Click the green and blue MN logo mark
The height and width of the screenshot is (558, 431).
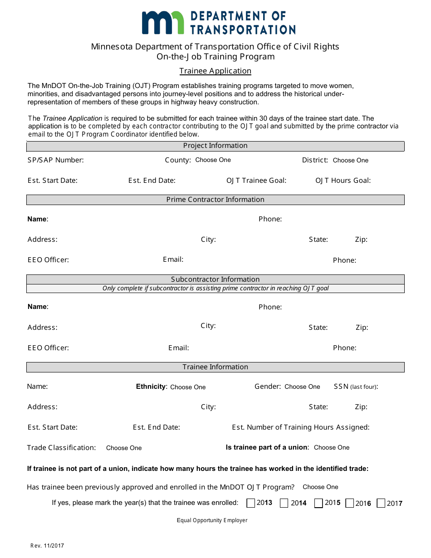[163, 23]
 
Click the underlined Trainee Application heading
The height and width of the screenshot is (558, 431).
[215, 71]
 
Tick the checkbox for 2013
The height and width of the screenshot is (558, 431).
[250, 503]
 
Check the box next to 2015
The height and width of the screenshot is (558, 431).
[318, 503]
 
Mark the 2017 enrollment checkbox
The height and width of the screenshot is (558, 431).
[381, 503]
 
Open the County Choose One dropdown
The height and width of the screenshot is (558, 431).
[213, 160]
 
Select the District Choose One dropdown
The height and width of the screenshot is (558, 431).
[350, 160]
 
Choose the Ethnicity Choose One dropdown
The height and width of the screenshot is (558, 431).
[188, 387]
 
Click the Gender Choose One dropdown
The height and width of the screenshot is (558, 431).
[302, 387]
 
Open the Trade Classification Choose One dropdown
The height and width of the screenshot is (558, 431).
[124, 448]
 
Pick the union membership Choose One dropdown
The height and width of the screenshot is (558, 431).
[332, 447]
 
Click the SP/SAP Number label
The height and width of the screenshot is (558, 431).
[55, 160]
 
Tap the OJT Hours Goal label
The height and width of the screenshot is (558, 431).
[343, 180]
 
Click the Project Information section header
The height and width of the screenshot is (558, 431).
[215, 146]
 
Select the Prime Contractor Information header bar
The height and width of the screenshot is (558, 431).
[215, 200]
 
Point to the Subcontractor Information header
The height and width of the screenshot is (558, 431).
[215, 279]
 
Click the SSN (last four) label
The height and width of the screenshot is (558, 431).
[356, 387]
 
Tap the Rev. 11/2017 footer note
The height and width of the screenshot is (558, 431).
[47, 545]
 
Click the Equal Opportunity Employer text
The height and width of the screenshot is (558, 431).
[212, 520]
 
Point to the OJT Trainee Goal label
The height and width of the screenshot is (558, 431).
[256, 180]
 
